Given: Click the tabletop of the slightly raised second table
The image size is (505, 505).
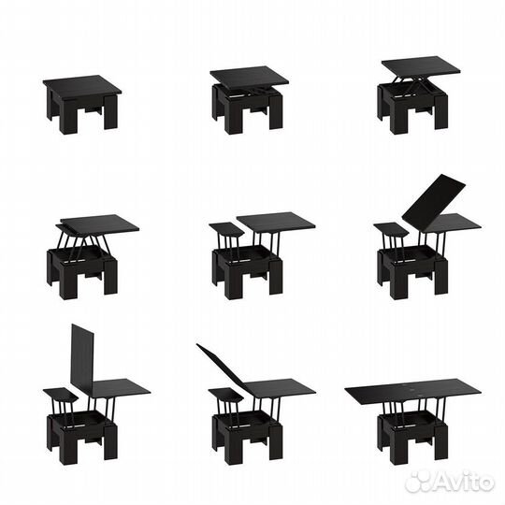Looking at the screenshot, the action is coord(249,78).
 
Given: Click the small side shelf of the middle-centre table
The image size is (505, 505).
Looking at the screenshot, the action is coord(227,228).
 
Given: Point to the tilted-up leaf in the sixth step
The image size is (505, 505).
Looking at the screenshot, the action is coord(434,196).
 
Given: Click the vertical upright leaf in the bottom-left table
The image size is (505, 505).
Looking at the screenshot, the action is coord(82,354).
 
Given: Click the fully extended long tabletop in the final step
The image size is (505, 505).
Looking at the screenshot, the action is coord(413,389).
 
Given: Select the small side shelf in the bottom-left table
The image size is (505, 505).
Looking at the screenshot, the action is coord(61,395).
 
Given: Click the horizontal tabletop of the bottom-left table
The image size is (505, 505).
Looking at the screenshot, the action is coord(122,388).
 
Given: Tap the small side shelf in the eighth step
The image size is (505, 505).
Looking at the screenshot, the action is coord(226,396).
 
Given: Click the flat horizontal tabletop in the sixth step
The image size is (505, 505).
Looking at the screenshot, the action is coord(451,223).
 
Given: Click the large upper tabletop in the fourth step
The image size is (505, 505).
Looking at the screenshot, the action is coord(99,224).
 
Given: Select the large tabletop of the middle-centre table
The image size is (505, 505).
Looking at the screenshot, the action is coord(276,222).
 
